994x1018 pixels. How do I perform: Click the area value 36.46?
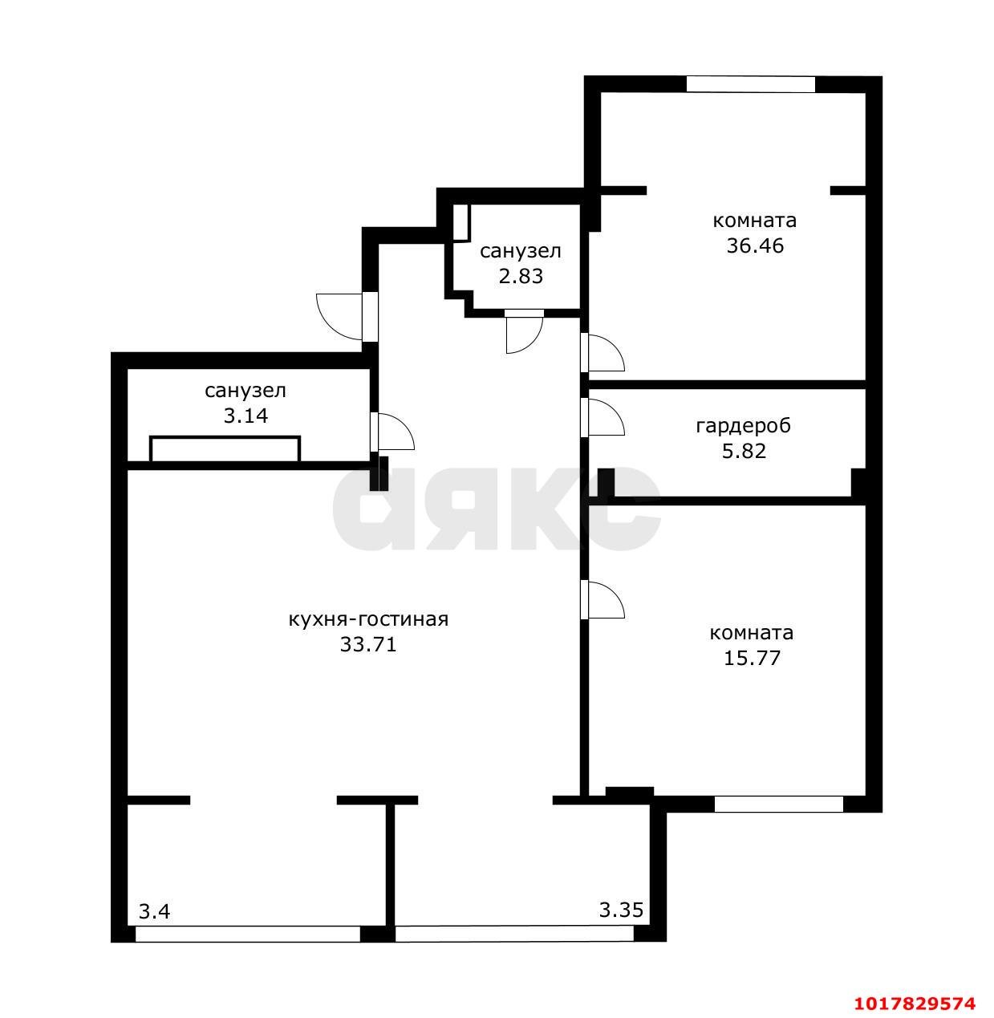pos(755,245)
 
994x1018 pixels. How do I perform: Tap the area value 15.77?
pos(752,658)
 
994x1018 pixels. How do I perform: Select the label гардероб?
pos(744,426)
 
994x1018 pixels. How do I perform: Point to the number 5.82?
pos(744,451)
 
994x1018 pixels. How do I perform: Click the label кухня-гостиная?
pos(368,619)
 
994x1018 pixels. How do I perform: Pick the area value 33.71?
pos(368,644)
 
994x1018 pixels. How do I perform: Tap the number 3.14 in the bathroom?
pos(245,416)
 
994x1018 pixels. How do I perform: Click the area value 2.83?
pos(521,276)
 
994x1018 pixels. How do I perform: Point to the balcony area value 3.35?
pos(621,910)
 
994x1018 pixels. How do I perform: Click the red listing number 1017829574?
pos(915,1004)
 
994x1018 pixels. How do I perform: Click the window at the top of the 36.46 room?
pos(750,84)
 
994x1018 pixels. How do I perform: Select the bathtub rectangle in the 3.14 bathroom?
pos(225,449)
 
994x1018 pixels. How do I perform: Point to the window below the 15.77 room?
pos(778,804)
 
